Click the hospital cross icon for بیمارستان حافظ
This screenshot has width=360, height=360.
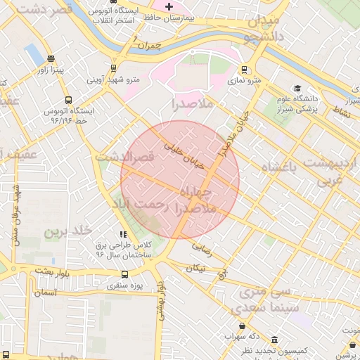168,7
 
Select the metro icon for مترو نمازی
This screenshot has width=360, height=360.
244,70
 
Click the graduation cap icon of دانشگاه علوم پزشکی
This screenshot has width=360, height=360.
297,89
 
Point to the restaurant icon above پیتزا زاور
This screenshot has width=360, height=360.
50,59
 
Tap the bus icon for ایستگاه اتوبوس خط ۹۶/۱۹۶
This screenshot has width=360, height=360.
68,100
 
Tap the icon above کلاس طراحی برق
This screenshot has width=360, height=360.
123,234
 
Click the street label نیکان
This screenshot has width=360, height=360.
196,268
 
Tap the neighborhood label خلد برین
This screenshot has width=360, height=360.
68,231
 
